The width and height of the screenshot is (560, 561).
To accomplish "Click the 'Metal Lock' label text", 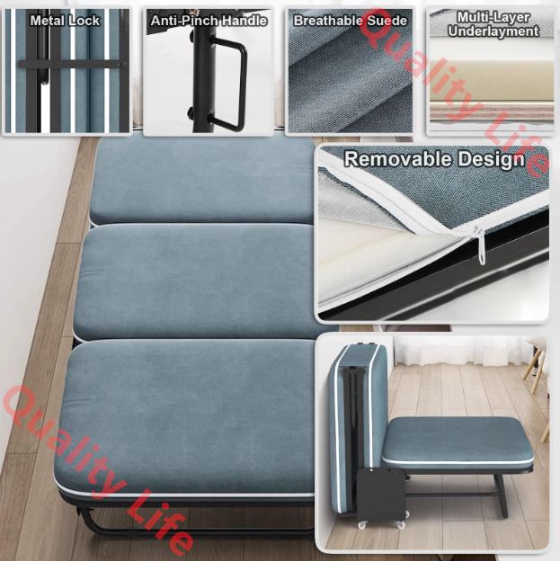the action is [65, 21].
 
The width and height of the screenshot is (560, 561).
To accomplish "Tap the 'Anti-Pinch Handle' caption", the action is [209, 21].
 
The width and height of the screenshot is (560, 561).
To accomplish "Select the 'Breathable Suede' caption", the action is [351, 21].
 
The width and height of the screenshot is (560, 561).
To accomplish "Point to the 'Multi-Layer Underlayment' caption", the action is [493, 24].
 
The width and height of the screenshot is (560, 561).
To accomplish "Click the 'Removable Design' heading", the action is [434, 159].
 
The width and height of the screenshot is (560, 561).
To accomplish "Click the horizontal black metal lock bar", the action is [73, 65].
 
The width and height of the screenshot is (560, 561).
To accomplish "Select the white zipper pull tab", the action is [481, 246].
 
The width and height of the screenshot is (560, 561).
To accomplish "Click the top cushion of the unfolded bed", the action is [202, 181].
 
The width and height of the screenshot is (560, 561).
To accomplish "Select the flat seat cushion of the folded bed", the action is [458, 441].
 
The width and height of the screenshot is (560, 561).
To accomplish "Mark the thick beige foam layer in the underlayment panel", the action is [490, 81].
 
